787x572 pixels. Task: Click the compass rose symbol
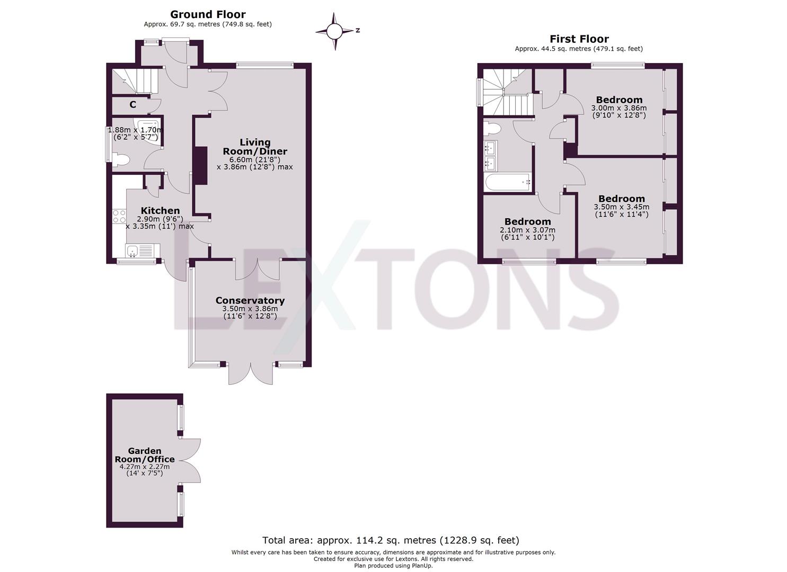tap(334, 32)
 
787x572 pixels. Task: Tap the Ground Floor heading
tap(208, 14)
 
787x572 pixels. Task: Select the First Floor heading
tap(579, 39)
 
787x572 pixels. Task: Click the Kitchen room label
tap(160, 211)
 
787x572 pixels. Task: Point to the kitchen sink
tap(139, 251)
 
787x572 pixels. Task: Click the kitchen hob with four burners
tap(119, 216)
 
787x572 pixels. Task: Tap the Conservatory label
tap(250, 300)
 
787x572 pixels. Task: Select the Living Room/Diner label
tap(255, 147)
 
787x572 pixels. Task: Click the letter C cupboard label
tap(132, 105)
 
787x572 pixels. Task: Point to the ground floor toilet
tap(121, 159)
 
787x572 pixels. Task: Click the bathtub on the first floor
tap(507, 182)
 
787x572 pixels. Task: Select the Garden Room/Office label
tap(145, 455)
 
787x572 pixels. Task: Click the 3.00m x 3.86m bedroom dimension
tap(618, 108)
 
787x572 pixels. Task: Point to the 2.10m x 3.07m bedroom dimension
tap(527, 230)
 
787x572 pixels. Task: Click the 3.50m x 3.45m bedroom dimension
tap(621, 207)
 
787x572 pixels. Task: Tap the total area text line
tap(391, 540)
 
